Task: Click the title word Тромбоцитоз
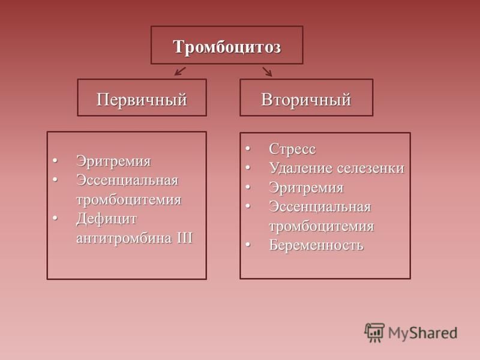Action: click(227, 47)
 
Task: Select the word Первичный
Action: click(142, 100)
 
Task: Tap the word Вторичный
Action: click(306, 100)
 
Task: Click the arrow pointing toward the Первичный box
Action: click(180, 71)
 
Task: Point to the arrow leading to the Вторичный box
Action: click(267, 71)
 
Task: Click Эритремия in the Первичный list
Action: click(113, 161)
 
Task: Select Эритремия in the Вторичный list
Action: click(306, 188)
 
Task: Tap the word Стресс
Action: click(292, 149)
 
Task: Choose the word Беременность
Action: click(316, 245)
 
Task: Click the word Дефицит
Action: click(107, 219)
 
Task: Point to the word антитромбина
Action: click(124, 238)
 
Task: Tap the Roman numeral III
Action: click(185, 238)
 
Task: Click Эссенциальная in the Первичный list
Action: click(127, 181)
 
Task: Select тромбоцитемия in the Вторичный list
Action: click(322, 227)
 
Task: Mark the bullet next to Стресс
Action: click(248, 149)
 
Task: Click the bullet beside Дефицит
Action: click(55, 218)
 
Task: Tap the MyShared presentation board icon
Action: click(374, 332)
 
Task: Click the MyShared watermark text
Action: click(423, 333)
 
